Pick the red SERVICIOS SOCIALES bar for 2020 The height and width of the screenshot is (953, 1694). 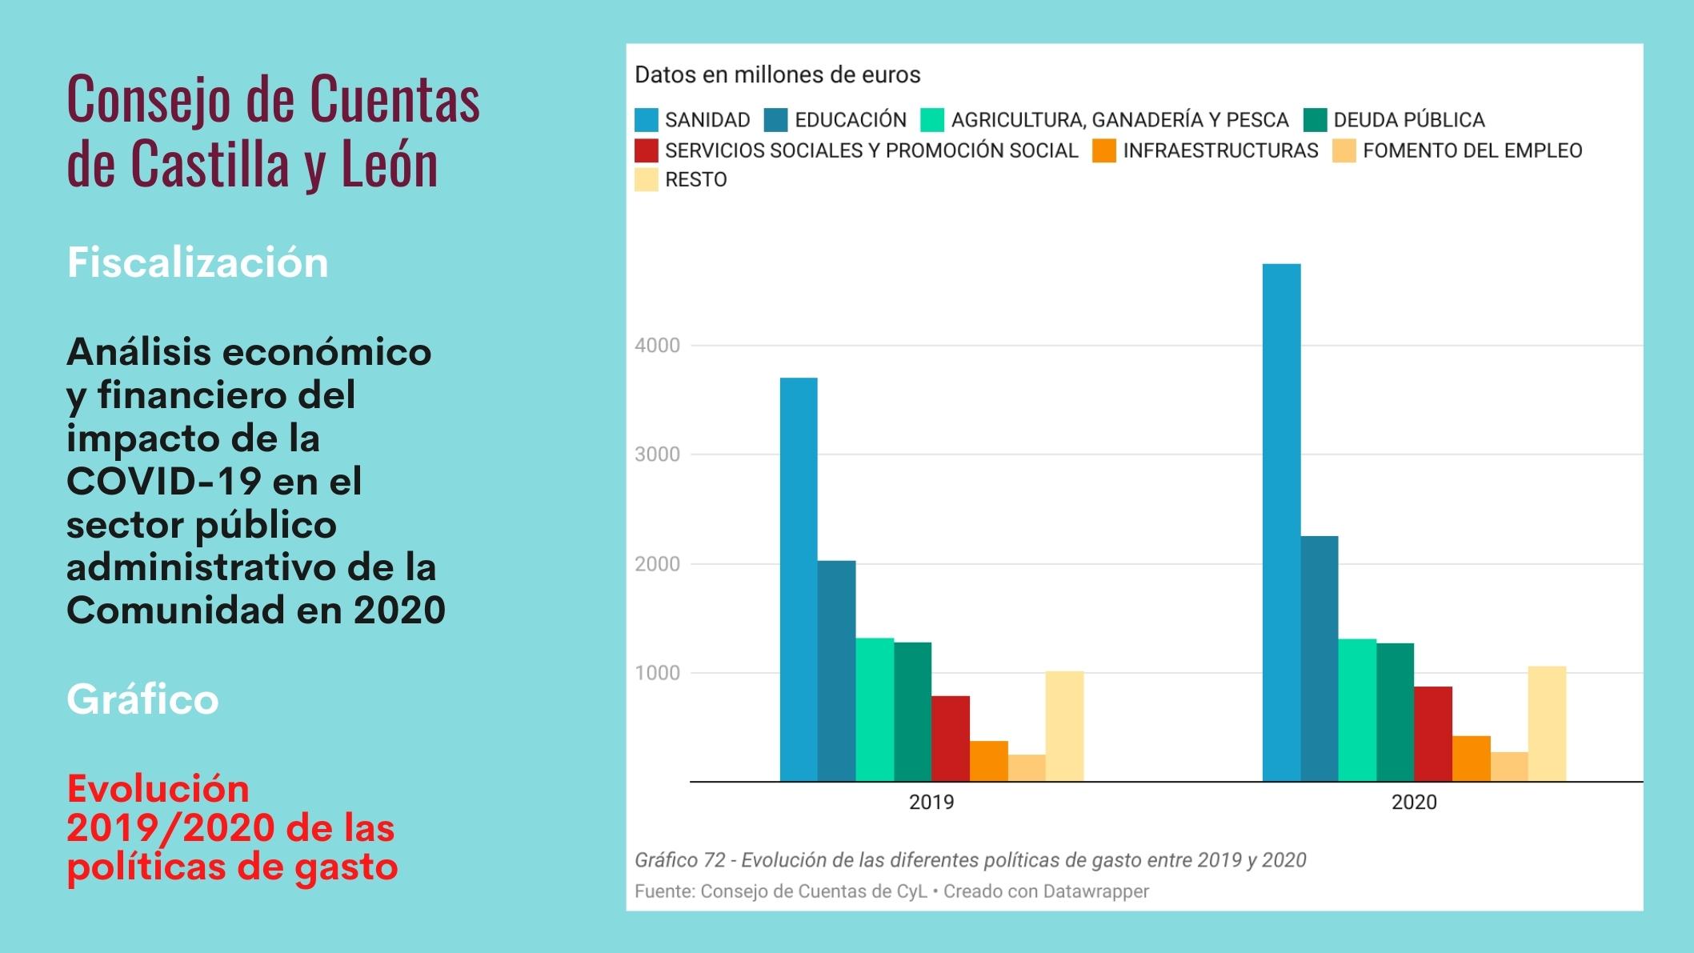click(1432, 734)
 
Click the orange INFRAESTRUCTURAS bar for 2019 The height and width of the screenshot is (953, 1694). click(988, 761)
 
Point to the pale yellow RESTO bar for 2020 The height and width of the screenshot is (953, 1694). click(1547, 723)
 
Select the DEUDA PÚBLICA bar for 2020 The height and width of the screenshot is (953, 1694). click(1395, 712)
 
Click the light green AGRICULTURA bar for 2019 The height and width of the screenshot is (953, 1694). click(875, 710)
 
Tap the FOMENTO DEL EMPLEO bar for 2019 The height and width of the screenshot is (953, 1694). click(1027, 768)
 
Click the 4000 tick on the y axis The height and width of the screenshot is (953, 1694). click(657, 346)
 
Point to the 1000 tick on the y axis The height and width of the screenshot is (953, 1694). click(657, 673)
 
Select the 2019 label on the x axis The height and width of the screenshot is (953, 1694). click(931, 803)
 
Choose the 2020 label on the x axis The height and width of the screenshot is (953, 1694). click(1414, 803)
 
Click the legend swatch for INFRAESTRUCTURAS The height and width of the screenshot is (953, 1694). click(1104, 150)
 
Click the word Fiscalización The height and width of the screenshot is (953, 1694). click(198, 262)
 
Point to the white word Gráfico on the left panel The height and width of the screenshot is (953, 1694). click(142, 699)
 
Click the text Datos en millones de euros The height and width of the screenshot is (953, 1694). click(777, 75)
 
